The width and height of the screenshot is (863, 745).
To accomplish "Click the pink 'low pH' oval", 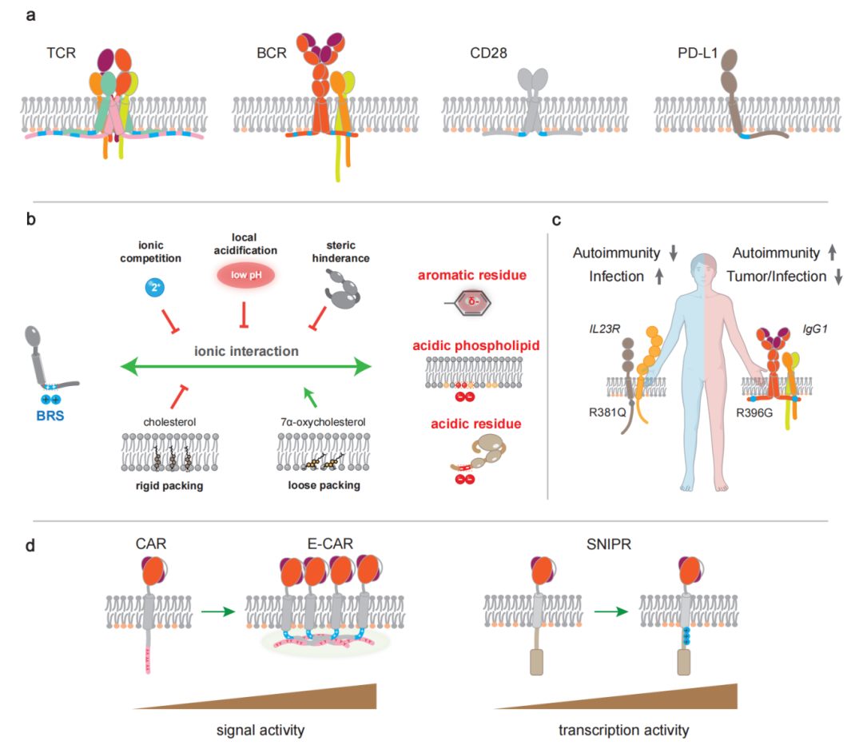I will tap(243, 276).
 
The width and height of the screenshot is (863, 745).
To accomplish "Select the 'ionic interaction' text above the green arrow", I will tap(245, 349).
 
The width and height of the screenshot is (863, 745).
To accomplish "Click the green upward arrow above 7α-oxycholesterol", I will tap(307, 392).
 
